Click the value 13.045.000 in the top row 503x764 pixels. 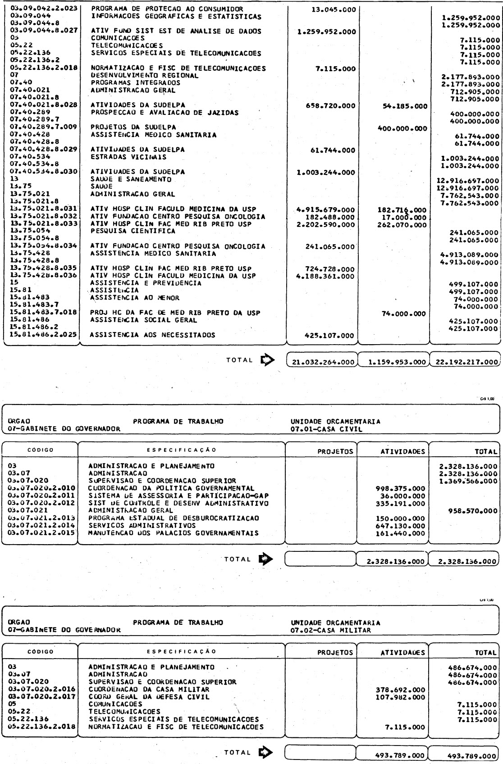click(x=334, y=9)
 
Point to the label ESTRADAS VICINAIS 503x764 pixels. click(x=128, y=157)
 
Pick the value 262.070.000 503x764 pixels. click(x=402, y=224)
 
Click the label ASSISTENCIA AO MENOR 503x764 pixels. click(x=135, y=298)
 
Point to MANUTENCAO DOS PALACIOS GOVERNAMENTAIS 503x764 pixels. click(x=174, y=533)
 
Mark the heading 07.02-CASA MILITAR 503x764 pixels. click(x=331, y=630)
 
